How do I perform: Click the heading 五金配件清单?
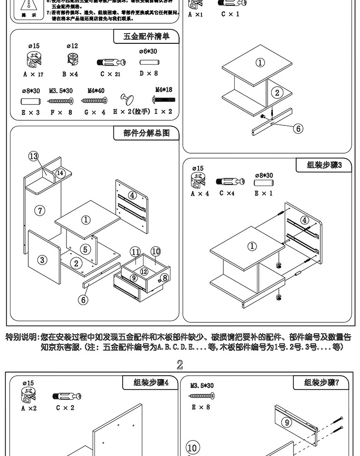146,36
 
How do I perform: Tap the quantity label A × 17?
33,74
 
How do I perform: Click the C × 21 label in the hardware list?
111,74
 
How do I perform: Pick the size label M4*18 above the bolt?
164,90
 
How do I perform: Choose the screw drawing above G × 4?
94,100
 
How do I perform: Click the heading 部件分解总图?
146,133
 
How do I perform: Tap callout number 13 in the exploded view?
34,156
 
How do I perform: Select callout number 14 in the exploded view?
60,173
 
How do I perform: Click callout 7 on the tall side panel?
41,210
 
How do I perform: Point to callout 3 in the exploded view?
42,260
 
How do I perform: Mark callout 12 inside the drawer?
144,272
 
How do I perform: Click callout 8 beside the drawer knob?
165,277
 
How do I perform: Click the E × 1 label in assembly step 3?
264,193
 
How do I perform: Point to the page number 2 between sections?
180,364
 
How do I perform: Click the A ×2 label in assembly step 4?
29,408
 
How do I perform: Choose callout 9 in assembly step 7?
288,422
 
